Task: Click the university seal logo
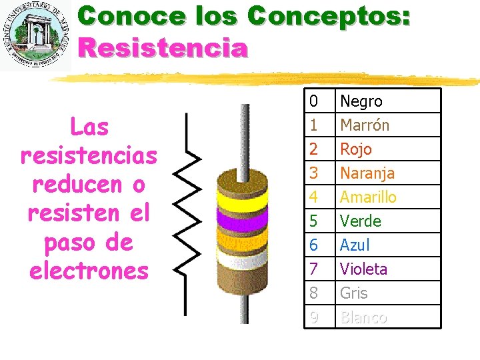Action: click(x=36, y=37)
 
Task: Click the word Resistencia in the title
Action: click(x=163, y=48)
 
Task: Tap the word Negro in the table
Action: click(x=361, y=101)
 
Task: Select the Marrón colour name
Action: click(x=365, y=125)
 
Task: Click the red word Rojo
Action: click(x=356, y=149)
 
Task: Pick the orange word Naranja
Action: click(x=367, y=173)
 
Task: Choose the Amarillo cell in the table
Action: click(x=368, y=197)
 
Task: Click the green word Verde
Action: click(x=361, y=221)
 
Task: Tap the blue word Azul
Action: click(x=355, y=245)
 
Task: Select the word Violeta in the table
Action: click(x=363, y=269)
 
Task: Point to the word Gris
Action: click(x=354, y=293)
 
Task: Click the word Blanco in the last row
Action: click(x=363, y=317)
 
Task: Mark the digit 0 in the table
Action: click(x=313, y=101)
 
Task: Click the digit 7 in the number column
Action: click(x=313, y=269)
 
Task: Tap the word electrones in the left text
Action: click(x=89, y=271)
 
